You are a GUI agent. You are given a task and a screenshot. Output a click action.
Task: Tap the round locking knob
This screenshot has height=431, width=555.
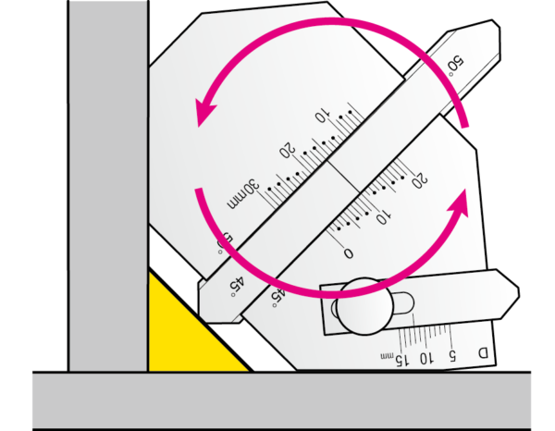point(364,306)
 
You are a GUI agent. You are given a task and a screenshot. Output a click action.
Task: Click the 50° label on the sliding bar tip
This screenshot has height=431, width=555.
point(455,65)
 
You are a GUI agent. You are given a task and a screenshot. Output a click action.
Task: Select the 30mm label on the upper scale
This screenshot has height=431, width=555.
point(243,194)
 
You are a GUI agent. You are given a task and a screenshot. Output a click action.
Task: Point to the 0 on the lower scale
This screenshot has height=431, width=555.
point(349,252)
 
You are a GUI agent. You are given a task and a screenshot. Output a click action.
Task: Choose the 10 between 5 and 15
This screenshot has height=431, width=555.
point(425,358)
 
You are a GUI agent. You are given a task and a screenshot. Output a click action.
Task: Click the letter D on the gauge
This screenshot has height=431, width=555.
point(483,353)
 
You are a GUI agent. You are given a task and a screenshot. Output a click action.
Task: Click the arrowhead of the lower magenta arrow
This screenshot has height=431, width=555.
point(459,203)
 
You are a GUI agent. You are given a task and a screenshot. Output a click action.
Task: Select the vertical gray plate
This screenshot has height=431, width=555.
point(108,186)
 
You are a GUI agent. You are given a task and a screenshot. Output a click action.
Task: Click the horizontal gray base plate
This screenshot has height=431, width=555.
point(282,400)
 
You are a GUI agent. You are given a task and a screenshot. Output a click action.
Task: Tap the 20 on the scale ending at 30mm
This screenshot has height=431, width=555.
point(287,150)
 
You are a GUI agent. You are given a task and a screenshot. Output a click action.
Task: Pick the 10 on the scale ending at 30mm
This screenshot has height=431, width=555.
point(323,116)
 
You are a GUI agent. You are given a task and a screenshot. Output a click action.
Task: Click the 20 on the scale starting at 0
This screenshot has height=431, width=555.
point(420,180)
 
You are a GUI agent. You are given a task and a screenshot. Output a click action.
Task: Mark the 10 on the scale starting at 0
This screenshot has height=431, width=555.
point(383,216)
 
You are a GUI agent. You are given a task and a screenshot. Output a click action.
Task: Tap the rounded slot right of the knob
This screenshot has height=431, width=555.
point(402,303)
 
